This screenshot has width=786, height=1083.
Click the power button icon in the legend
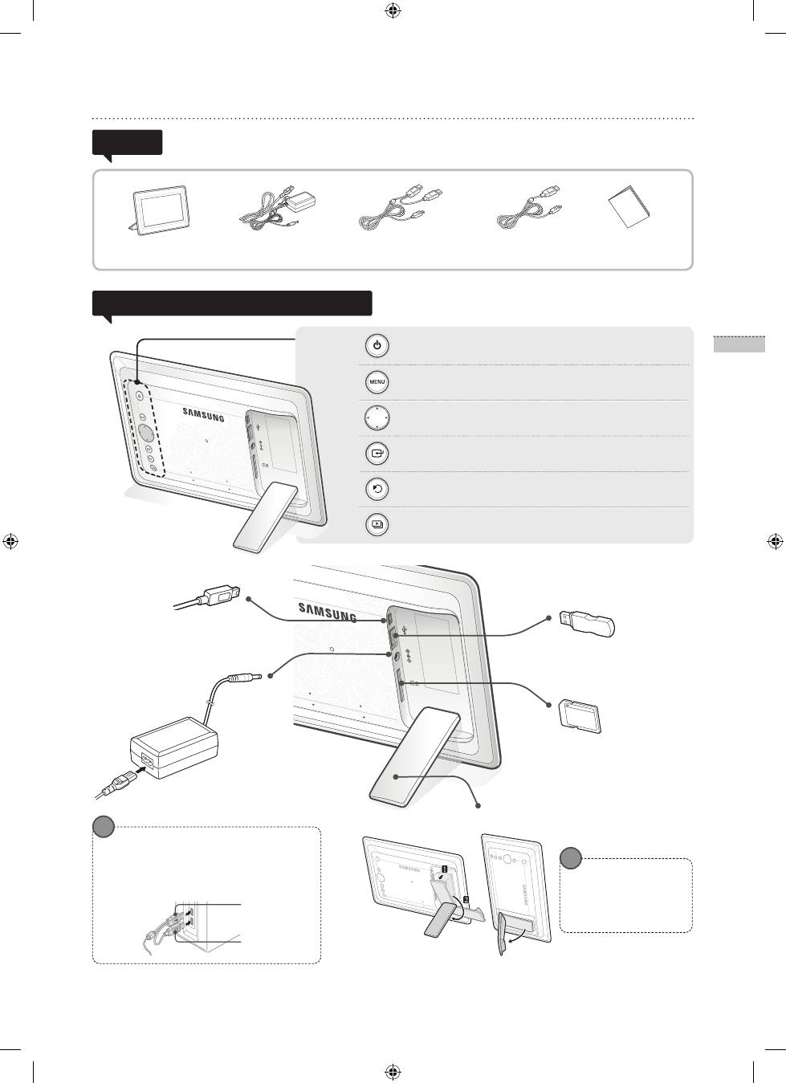(377, 346)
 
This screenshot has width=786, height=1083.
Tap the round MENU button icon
(377, 381)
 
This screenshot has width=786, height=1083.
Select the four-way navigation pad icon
(377, 417)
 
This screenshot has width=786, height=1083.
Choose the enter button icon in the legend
(377, 454)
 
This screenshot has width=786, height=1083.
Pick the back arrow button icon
(377, 489)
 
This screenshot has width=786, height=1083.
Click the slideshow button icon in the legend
(377, 524)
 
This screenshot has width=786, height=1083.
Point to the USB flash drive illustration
(587, 623)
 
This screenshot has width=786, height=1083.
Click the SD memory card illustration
(580, 717)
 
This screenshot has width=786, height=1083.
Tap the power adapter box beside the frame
(174, 747)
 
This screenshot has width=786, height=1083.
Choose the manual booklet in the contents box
(629, 206)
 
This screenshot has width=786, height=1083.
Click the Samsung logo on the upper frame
(203, 414)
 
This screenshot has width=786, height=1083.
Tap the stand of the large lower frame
(415, 756)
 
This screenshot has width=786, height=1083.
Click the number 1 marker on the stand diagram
(444, 869)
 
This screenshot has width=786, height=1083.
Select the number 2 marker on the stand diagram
(466, 899)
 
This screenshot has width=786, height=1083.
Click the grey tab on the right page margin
(739, 344)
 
